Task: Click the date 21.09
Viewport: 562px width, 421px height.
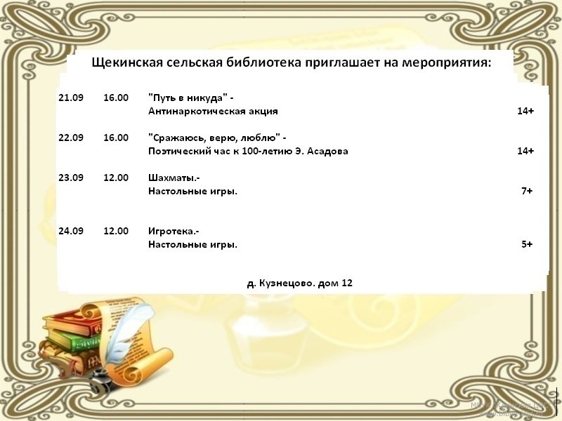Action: point(71,98)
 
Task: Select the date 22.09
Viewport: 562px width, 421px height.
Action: point(71,138)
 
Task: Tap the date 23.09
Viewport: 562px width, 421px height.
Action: point(71,178)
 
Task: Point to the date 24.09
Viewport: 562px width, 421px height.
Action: point(71,231)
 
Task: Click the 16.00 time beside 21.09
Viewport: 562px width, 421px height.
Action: point(116,98)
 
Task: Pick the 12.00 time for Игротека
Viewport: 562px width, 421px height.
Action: point(116,231)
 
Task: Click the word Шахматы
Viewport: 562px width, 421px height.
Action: point(173,178)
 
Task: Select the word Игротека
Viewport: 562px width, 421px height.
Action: point(172,231)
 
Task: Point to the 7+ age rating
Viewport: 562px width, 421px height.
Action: point(527,191)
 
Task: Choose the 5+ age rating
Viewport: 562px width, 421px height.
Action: point(527,244)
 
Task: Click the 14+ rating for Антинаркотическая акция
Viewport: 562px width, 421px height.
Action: point(525,111)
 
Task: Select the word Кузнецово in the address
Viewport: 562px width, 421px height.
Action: point(285,283)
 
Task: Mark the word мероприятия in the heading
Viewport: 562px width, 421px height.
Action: point(446,63)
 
